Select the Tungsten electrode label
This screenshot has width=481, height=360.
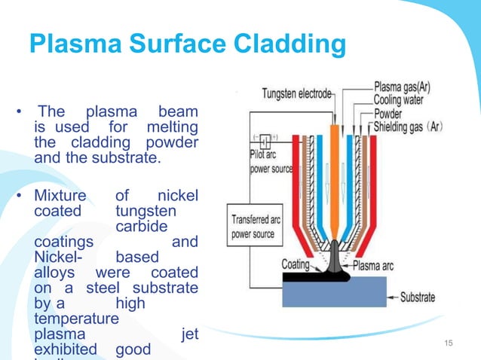pos(296,95)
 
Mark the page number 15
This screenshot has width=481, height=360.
pos(450,344)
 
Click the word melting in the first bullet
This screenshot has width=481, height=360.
pos(173,127)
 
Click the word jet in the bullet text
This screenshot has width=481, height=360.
pos(190,334)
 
